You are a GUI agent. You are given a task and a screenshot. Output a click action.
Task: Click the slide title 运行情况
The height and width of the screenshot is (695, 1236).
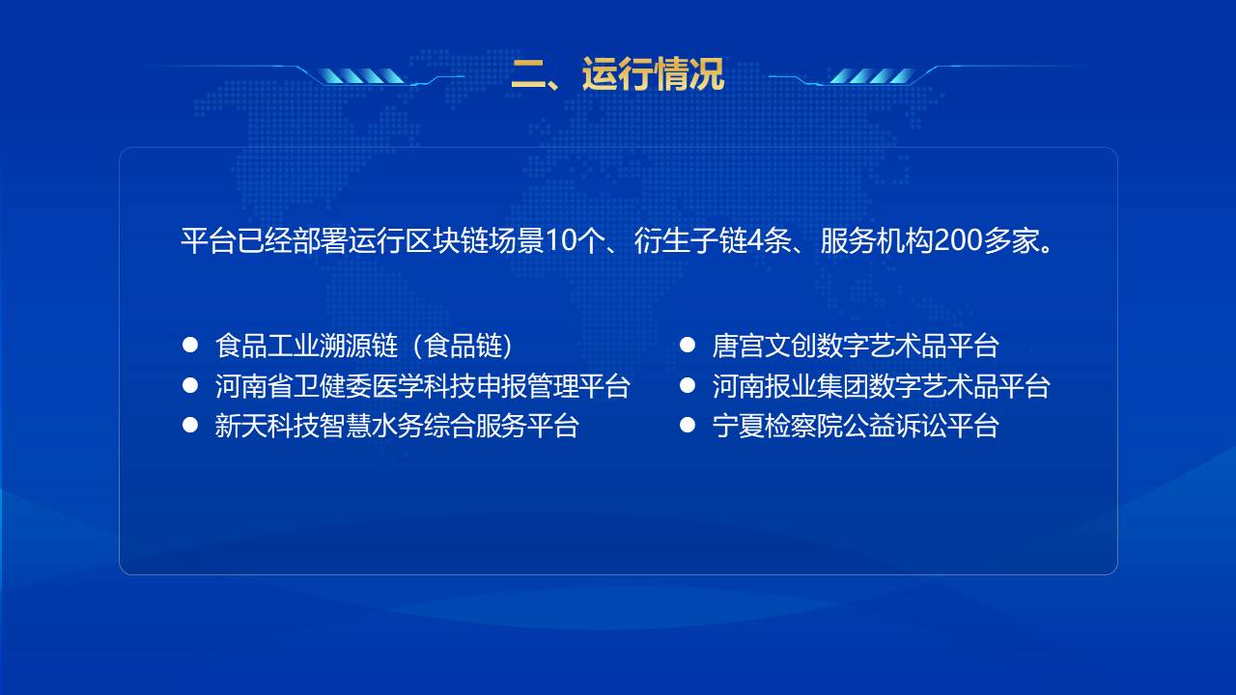[653, 73]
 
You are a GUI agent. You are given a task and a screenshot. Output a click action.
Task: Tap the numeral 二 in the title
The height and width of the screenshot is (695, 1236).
[528, 74]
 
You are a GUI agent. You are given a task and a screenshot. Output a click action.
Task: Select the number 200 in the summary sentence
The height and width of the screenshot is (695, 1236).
[956, 241]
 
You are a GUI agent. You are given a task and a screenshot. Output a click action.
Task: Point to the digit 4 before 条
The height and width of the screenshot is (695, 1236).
[755, 241]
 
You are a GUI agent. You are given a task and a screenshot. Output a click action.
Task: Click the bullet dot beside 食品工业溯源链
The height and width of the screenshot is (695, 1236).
[190, 345]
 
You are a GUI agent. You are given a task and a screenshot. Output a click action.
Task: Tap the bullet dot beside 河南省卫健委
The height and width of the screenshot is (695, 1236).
[190, 385]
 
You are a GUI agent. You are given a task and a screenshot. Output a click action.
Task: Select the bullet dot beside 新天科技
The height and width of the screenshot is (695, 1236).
[190, 425]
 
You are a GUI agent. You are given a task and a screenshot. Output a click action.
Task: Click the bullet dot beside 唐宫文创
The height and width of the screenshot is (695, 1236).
[687, 345]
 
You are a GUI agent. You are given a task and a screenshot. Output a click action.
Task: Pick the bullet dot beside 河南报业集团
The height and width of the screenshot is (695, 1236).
[687, 385]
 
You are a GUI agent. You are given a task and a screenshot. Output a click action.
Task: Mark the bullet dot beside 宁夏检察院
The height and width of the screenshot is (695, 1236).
[687, 425]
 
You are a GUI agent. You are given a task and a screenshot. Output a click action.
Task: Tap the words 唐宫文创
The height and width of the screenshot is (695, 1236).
[764, 346]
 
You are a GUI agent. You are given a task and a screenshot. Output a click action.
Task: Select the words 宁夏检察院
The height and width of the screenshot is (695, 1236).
[777, 426]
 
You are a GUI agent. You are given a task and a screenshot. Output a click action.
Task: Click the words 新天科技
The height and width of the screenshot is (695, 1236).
[267, 426]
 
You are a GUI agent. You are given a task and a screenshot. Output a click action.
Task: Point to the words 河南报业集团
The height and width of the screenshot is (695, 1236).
[790, 386]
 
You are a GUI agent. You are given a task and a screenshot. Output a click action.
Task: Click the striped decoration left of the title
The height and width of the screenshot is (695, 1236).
[362, 76]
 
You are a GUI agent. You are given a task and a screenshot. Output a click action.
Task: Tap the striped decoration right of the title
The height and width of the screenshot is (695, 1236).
[871, 76]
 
